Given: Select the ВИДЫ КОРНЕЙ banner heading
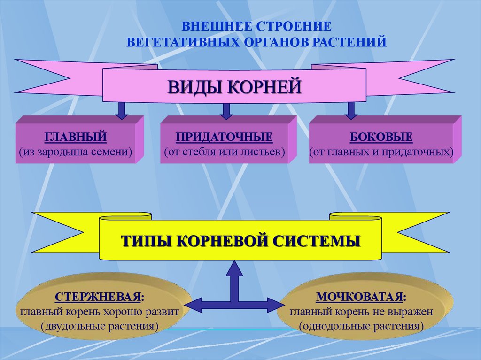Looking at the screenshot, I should pyautogui.click(x=234, y=87).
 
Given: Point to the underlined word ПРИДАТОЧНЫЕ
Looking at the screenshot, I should pyautogui.click(x=224, y=138).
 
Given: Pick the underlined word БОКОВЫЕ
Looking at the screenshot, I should pyautogui.click(x=381, y=138).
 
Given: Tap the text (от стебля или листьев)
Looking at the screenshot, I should pyautogui.click(x=225, y=152).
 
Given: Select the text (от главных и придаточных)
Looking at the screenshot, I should pyautogui.click(x=381, y=152).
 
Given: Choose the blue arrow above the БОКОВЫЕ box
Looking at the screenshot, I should pyautogui.click(x=350, y=111).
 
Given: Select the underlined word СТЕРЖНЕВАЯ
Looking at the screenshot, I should pyautogui.click(x=99, y=297).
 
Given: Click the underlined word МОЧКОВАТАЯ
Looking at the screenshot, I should pyautogui.click(x=361, y=297).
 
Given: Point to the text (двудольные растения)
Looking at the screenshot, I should pyautogui.click(x=99, y=325).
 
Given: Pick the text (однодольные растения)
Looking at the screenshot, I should pyautogui.click(x=361, y=325).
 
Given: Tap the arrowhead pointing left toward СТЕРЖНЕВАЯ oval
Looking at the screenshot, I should pyautogui.click(x=196, y=305).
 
